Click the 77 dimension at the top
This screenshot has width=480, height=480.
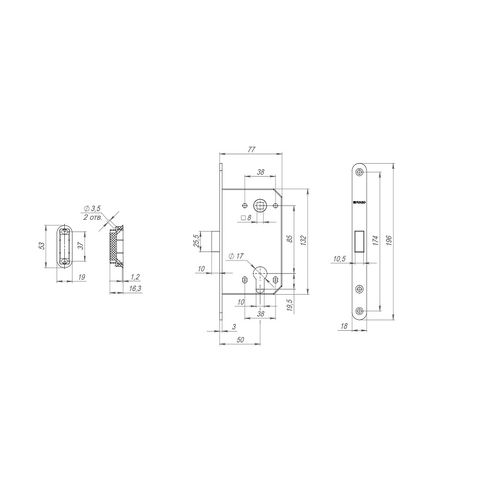click(251, 149)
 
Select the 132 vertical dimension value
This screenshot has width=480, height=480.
click(303, 240)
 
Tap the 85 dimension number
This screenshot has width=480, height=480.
click(289, 238)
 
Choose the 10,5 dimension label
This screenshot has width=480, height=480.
click(339, 259)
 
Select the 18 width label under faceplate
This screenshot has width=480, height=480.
click(344, 326)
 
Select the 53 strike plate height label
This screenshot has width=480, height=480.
click(42, 246)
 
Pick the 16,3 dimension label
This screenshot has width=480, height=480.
click(135, 288)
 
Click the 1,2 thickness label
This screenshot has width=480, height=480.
click(135, 277)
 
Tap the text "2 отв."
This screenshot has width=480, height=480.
click(92, 217)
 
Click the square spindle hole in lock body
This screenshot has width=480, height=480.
click(260, 206)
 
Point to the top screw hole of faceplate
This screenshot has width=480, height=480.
click(360, 173)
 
